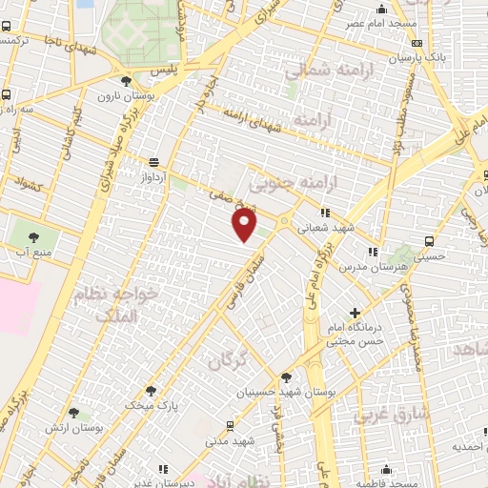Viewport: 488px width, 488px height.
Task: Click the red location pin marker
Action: [245, 225]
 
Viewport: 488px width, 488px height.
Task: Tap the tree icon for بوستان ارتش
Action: [73, 414]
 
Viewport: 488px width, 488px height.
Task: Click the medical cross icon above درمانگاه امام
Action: [356, 313]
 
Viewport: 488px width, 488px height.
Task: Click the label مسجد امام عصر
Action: [368, 22]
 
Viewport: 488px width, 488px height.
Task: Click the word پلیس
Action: [168, 71]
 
